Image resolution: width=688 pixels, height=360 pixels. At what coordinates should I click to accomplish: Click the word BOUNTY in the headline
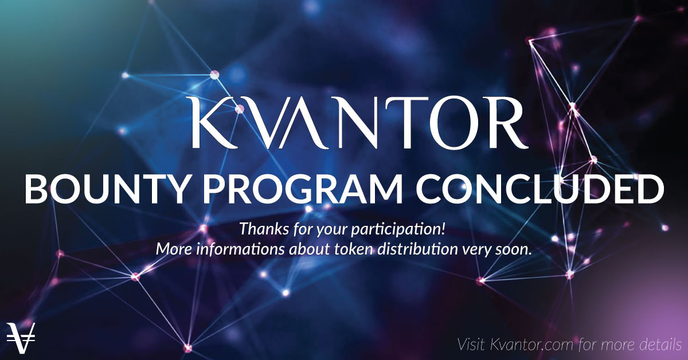point(107,189)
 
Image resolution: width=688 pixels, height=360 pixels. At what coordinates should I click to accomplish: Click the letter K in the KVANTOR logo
point(214,123)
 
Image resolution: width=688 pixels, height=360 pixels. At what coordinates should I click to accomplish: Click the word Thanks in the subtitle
point(264,229)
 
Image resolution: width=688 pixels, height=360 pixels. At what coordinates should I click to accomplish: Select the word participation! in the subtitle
point(398,230)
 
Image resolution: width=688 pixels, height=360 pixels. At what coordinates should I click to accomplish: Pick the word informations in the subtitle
point(240,249)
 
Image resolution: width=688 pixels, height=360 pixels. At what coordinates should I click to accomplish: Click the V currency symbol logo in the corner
point(21,338)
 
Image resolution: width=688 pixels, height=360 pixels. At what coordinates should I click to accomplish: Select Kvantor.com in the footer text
point(533,345)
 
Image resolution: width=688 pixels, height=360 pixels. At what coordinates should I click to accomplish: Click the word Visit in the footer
point(471,345)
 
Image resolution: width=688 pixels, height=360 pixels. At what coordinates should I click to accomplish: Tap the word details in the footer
point(660,345)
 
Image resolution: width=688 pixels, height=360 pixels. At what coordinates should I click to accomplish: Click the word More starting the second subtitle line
point(174,249)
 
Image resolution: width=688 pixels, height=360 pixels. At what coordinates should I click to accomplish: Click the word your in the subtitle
point(333,230)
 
